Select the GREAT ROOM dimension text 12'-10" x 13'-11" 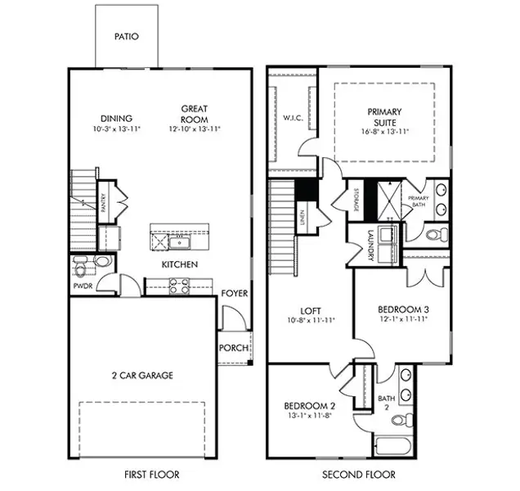(x=194, y=128)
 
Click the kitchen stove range (x=179, y=286)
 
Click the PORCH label (x=233, y=348)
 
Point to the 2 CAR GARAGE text (x=141, y=376)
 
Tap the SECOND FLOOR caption (x=358, y=474)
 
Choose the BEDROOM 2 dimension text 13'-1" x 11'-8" (x=310, y=416)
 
